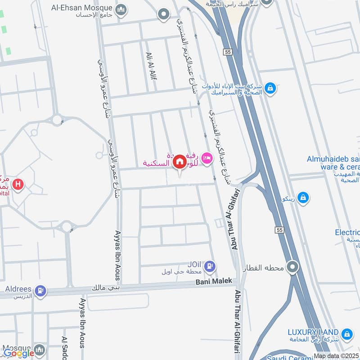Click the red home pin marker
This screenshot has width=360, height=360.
click(179, 162)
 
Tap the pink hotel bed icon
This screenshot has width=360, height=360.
click(207, 158)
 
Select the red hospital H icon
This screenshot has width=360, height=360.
click(18, 184)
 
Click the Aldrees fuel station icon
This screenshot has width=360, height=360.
click(41, 292)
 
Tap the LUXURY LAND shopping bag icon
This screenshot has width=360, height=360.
click(346, 334)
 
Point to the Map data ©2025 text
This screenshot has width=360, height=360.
click(337, 356)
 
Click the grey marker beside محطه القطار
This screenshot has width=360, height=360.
click(293, 268)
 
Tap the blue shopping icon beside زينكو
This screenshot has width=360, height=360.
click(304, 198)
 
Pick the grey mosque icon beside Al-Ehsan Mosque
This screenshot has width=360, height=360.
click(121, 10)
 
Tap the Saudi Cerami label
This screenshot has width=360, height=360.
click(288, 357)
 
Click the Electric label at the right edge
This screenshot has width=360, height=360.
click(347, 232)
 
